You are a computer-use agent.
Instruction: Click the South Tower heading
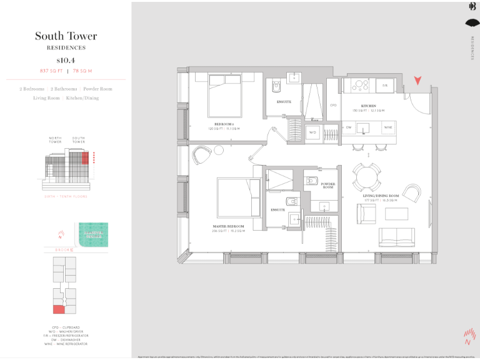point(66,36)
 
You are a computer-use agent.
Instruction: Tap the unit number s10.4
point(66,60)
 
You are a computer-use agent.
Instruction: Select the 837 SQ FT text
point(49,71)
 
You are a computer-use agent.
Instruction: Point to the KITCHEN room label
point(367,106)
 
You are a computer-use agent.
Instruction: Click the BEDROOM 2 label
point(223,124)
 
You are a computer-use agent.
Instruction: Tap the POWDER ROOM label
point(327,186)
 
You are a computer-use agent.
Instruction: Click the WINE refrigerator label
point(388,127)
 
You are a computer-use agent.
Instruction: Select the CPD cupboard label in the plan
point(333,105)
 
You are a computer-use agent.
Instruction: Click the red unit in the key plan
point(59,309)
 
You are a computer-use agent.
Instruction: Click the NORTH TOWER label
point(56,140)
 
